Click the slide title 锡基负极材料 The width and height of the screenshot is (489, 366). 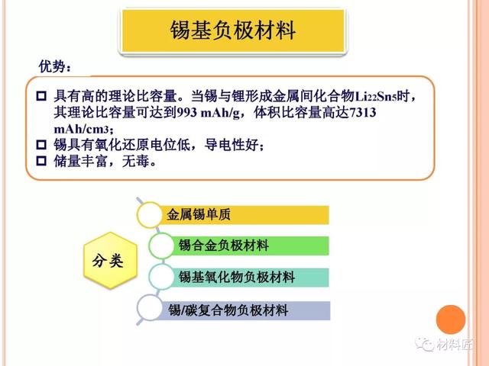(232, 30)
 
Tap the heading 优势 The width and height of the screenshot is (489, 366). (52, 66)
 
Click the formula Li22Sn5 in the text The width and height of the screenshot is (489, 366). (376, 97)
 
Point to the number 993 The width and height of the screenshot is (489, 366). (186, 112)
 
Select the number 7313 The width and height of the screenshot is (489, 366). (363, 112)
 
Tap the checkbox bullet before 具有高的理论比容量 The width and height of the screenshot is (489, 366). (41, 96)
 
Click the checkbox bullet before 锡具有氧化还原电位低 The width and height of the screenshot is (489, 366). (41, 145)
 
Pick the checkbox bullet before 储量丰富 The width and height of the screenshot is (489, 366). (41, 161)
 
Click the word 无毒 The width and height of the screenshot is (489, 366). (135, 161)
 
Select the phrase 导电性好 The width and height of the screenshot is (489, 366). (231, 145)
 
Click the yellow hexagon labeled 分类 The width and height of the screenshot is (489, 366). (110, 260)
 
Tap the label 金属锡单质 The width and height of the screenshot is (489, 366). (199, 214)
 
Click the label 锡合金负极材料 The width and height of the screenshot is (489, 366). (224, 246)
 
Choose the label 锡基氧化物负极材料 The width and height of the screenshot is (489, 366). (237, 277)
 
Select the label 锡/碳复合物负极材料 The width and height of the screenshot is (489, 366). (228, 310)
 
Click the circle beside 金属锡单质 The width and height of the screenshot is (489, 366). (150, 215)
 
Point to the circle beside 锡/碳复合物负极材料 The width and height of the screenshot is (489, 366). (150, 307)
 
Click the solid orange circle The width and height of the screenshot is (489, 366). (451, 319)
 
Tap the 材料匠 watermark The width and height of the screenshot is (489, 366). (444, 345)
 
